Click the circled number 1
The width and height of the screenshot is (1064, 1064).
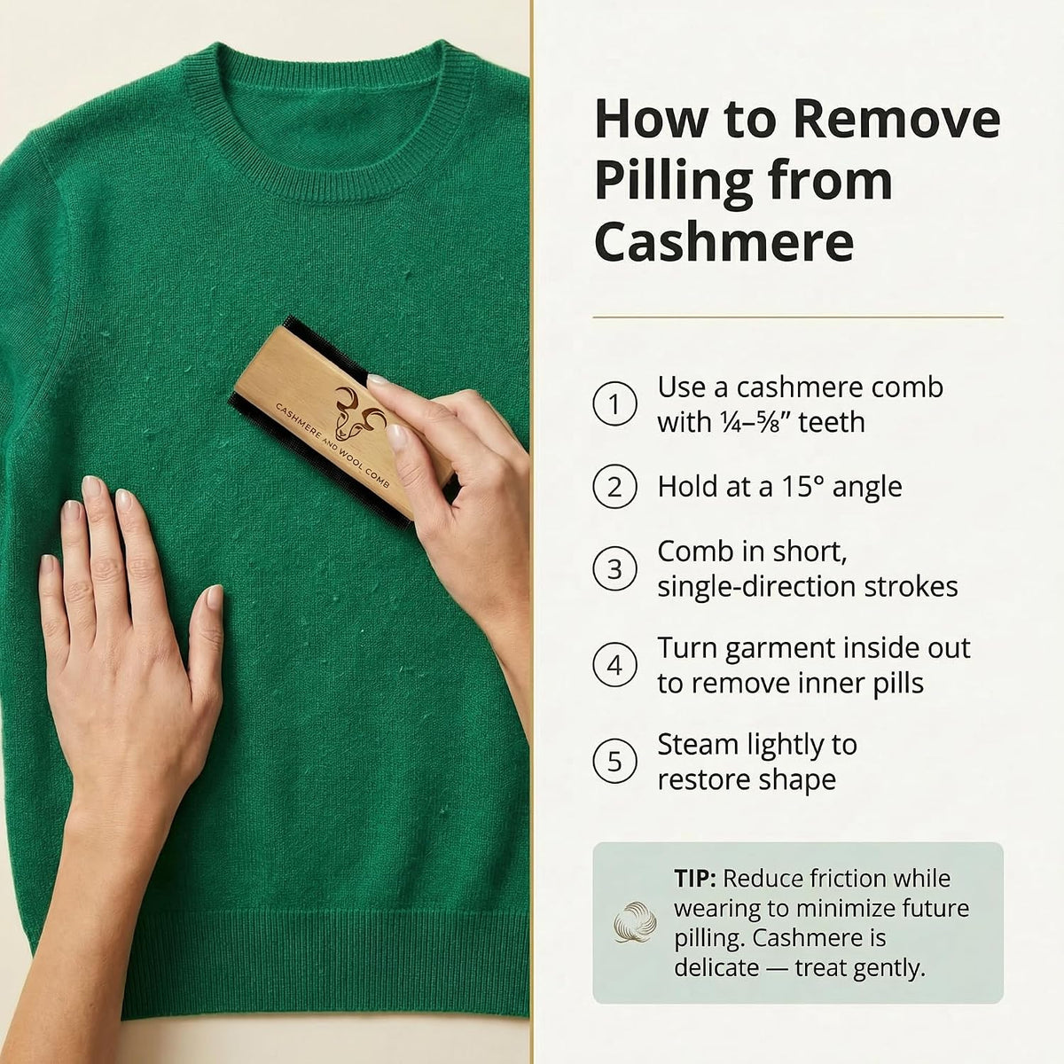coord(614,403)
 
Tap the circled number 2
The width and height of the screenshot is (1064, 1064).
coord(614,487)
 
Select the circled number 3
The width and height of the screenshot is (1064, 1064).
coord(614,568)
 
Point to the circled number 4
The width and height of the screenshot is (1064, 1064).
coord(614,665)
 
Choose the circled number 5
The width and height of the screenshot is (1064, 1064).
coord(614,762)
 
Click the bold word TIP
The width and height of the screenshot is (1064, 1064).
coord(694,878)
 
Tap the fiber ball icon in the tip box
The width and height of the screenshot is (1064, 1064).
coord(636,921)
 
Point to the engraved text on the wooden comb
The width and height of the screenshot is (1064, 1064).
coord(332,445)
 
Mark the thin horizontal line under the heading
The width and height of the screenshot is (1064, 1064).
coord(798,317)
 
